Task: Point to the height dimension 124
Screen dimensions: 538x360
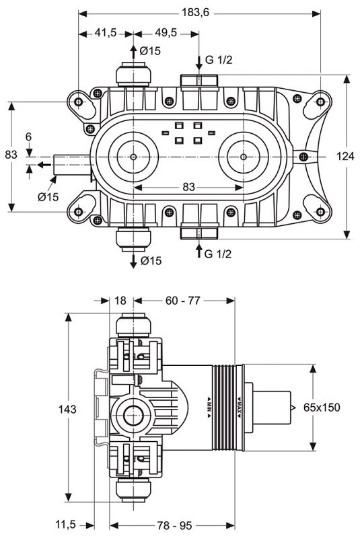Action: coord(345,156)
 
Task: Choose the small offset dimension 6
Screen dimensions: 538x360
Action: coord(28,137)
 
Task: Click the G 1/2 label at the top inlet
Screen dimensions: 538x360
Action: coord(219,61)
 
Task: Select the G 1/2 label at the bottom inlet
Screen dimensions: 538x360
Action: coord(219,254)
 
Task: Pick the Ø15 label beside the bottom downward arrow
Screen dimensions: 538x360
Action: coord(151,261)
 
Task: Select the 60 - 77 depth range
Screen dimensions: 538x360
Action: coord(183,301)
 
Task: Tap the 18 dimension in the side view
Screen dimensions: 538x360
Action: coord(121,301)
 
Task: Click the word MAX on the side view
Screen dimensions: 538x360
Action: coord(238,408)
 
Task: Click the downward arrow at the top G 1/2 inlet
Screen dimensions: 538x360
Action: coord(199,63)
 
